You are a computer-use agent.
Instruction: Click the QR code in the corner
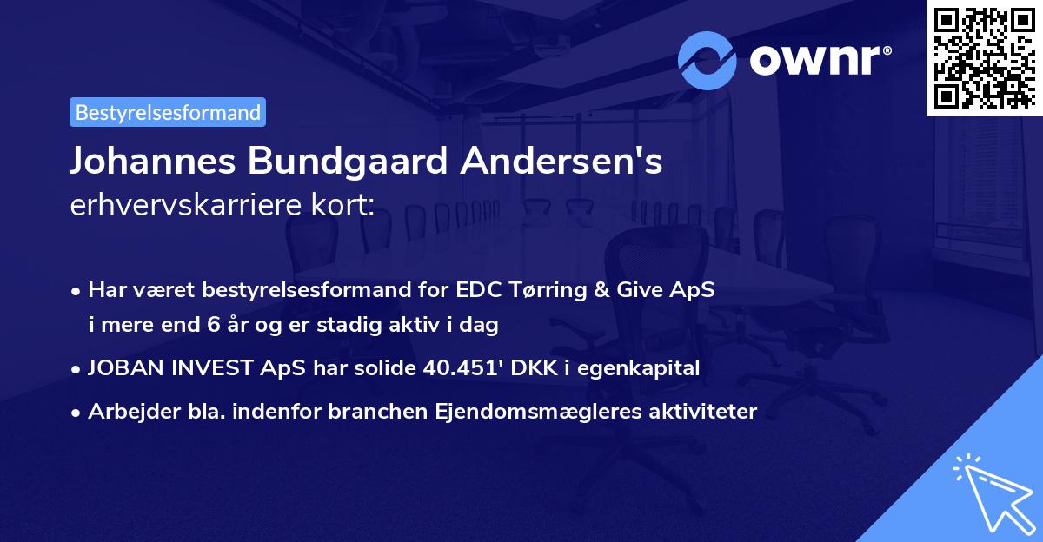click(984, 57)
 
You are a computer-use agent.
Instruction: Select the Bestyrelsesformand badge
click(168, 112)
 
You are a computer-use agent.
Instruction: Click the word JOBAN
click(122, 369)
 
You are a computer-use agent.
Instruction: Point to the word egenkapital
click(643, 369)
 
